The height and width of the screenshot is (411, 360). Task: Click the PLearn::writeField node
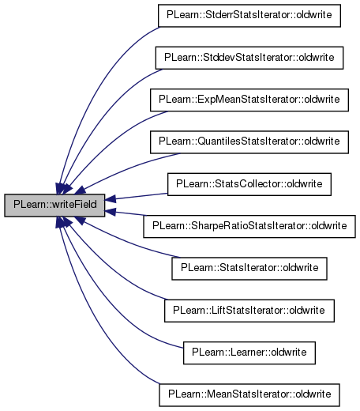click(54, 205)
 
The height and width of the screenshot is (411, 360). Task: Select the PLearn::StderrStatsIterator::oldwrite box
click(249, 16)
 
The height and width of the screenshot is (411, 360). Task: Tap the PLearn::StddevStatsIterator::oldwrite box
click(249, 58)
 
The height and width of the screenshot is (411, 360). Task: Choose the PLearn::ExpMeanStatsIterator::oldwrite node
click(249, 100)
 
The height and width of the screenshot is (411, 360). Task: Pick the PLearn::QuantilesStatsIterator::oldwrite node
click(249, 142)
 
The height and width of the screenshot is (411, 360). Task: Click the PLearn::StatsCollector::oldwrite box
click(249, 184)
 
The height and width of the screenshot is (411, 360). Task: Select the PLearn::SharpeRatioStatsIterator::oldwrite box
click(249, 227)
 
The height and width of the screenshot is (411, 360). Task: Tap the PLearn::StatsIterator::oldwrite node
click(249, 269)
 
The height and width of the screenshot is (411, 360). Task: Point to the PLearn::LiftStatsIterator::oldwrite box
click(249, 311)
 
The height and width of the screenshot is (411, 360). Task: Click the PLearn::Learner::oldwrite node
click(249, 353)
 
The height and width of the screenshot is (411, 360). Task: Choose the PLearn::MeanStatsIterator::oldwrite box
click(249, 395)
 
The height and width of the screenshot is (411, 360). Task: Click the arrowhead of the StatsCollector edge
click(111, 199)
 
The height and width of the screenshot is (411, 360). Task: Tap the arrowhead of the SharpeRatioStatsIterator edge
click(111, 212)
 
